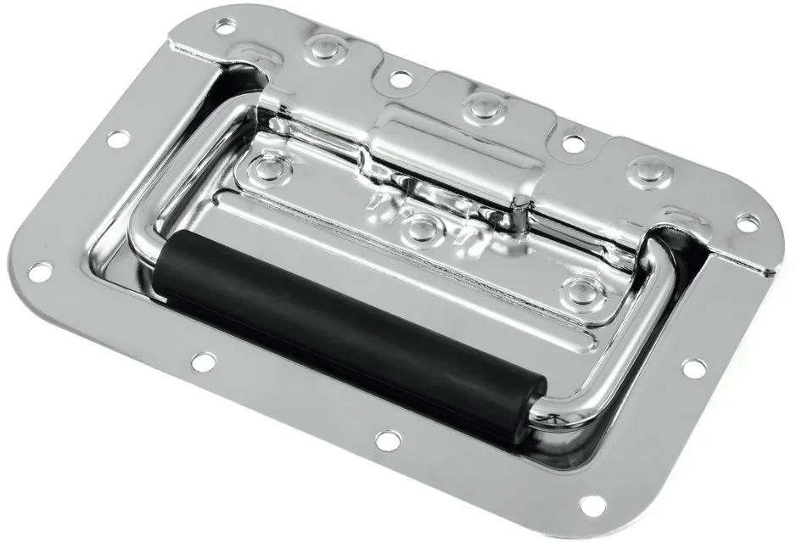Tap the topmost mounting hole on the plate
(224, 26)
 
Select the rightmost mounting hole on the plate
(747, 222)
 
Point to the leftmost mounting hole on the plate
(39, 271)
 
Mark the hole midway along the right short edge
(693, 368)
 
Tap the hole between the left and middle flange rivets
(400, 79)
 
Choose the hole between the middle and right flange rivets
(574, 143)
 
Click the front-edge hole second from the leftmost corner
(202, 362)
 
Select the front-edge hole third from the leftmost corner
(387, 440)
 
